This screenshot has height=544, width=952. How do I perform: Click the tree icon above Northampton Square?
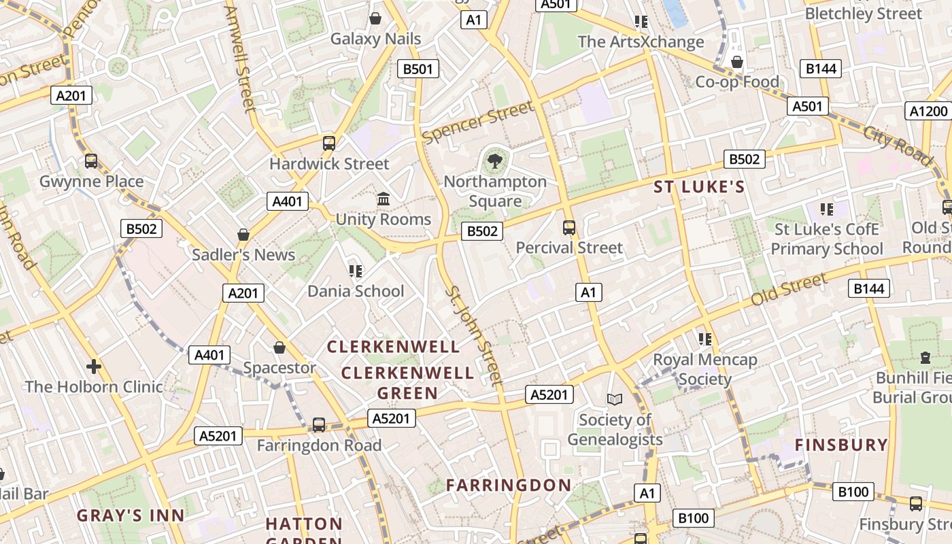495,161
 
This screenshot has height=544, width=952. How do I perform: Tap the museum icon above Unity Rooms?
384,199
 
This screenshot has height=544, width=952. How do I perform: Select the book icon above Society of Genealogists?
615,399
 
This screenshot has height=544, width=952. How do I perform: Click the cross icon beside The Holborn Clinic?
93,367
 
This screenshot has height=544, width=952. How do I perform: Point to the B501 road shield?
418,69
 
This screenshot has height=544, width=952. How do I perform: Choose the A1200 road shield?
928,111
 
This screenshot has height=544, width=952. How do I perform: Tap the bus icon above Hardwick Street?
329,143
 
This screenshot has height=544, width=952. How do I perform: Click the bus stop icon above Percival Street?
569,228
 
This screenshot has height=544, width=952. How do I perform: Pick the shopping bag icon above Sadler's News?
243,235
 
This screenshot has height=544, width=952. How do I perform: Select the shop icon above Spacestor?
279,348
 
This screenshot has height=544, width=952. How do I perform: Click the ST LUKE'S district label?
699,187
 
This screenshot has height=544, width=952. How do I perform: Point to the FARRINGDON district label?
509,486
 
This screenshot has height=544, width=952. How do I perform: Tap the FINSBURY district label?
841,445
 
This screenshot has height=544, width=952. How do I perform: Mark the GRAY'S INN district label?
131,515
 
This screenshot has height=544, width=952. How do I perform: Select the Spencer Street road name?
477,122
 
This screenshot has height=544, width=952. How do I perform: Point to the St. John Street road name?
475,337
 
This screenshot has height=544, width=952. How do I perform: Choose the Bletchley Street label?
864,14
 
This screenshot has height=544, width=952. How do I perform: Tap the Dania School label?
356,291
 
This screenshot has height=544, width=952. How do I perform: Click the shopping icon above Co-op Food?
736,63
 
